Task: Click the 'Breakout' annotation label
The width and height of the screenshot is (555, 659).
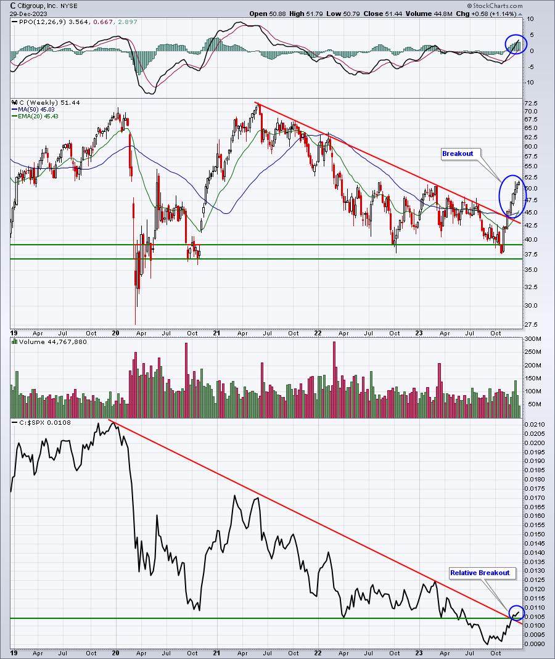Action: (x=458, y=154)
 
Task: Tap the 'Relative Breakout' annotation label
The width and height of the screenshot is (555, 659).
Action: (x=480, y=573)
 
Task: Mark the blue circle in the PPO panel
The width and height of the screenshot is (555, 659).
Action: (x=516, y=43)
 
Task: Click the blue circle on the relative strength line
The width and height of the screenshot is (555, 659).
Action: (x=517, y=613)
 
